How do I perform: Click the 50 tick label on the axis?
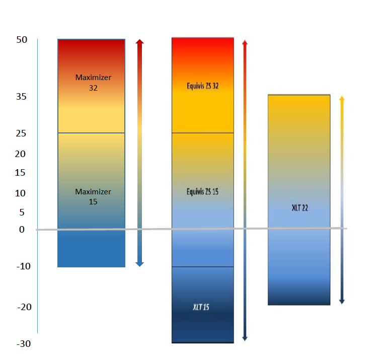21,40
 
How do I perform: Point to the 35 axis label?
21,97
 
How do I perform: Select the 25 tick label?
21,134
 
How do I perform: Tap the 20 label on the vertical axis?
20,154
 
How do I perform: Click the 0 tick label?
22,230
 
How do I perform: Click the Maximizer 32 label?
93,83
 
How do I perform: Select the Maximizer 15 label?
93,197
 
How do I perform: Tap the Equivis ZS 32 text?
202,86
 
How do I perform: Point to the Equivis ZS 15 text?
202,192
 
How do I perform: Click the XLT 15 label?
201,307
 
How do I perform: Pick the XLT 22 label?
299,207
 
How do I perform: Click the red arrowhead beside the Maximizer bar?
140,42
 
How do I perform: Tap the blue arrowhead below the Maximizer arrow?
140,263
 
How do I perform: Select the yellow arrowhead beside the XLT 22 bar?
342,99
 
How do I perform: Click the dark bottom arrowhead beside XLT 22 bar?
342,301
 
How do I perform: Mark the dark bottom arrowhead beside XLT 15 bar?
245,338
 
